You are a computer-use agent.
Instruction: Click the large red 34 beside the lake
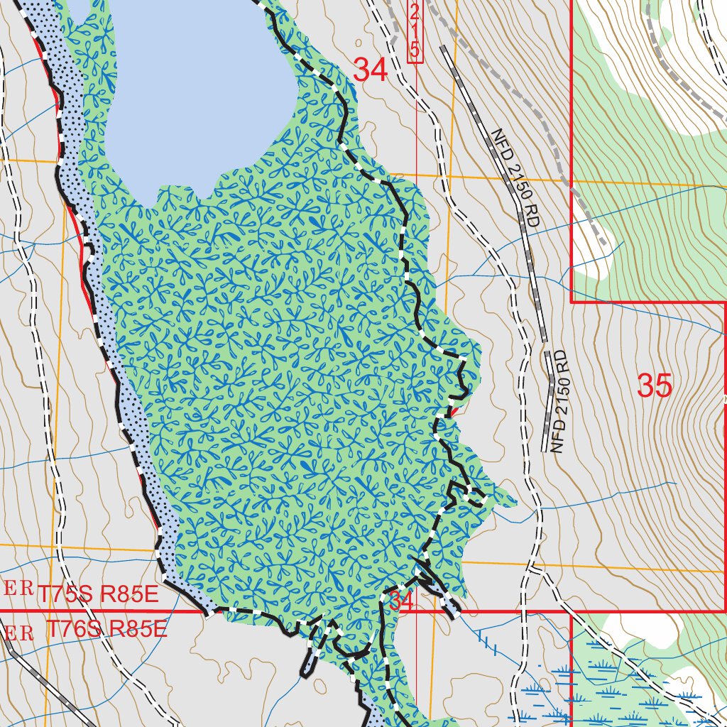point(370,70)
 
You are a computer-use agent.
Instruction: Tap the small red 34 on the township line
point(400,601)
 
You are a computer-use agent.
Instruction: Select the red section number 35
point(654,386)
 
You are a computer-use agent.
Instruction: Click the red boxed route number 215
point(415,31)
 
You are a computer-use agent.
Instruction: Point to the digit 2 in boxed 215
point(415,12)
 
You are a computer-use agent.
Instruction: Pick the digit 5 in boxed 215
point(415,50)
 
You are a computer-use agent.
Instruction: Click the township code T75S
point(66,594)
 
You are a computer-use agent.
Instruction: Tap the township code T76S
point(70,629)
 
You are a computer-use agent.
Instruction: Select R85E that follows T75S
point(129,594)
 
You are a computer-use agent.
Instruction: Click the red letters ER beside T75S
point(19,589)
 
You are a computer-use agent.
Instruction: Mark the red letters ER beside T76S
point(19,632)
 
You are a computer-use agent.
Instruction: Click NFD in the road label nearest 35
point(557,436)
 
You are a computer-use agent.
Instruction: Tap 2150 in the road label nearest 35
point(561,400)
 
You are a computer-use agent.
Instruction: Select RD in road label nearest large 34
point(532,217)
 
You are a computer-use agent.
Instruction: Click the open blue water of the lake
point(199,85)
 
